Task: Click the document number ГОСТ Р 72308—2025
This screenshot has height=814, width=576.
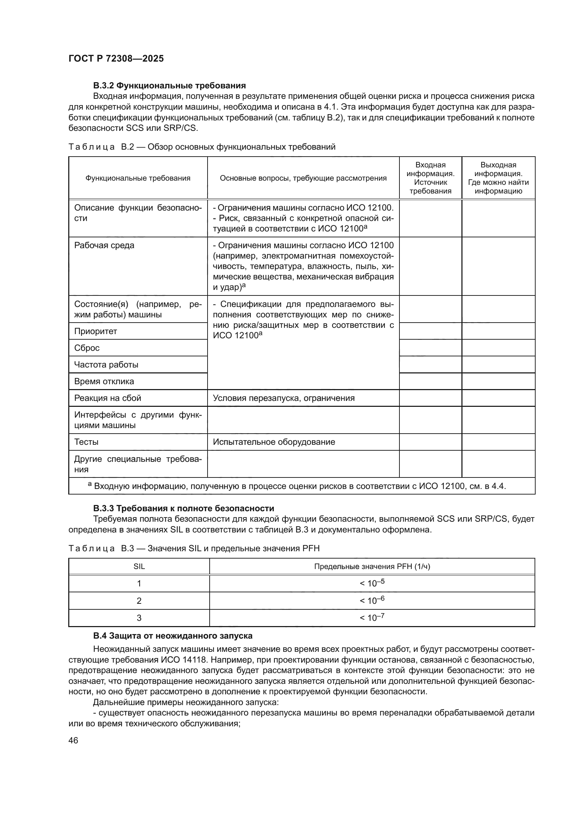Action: (x=116, y=58)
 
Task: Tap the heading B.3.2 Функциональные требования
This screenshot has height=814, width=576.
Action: (x=169, y=86)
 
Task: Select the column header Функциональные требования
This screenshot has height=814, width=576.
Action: (x=138, y=178)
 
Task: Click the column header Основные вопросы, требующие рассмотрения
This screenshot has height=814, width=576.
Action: (x=303, y=178)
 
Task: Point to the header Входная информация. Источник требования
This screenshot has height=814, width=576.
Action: (x=430, y=178)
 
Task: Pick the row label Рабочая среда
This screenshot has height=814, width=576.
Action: (x=104, y=245)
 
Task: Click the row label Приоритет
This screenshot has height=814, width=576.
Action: (x=95, y=331)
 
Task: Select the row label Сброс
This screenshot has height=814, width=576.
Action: (x=87, y=348)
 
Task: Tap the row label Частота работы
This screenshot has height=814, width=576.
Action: (x=106, y=364)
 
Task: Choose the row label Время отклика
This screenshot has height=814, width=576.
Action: (x=104, y=381)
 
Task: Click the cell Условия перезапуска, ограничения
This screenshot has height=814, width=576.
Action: (x=283, y=398)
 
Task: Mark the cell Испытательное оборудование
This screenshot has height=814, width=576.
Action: (x=274, y=442)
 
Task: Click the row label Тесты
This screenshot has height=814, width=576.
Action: (x=86, y=442)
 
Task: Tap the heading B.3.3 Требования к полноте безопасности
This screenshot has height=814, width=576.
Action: (x=184, y=508)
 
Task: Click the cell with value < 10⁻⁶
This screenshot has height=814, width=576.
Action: (x=372, y=601)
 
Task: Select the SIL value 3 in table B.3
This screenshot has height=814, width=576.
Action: (x=139, y=618)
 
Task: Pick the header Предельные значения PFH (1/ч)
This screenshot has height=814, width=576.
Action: (x=372, y=567)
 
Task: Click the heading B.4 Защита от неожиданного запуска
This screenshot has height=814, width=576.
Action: (x=172, y=636)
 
